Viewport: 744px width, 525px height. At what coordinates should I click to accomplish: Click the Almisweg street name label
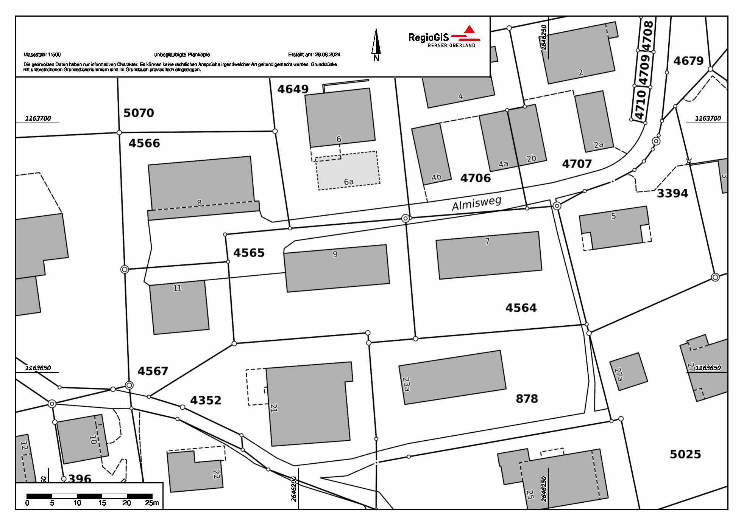coord(476,203)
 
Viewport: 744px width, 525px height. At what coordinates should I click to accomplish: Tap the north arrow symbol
coord(376,44)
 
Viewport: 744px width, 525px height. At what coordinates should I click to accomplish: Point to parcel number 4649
coord(293,89)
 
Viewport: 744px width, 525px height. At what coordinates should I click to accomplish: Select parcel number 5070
coord(139,113)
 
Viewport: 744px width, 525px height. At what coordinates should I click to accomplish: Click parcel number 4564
coord(521,308)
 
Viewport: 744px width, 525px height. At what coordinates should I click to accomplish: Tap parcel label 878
coord(527,399)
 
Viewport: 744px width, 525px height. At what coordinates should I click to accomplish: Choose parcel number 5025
coord(685,454)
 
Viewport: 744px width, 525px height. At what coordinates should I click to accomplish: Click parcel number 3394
coord(672,194)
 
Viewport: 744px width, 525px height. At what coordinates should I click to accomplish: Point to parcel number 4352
coord(205,401)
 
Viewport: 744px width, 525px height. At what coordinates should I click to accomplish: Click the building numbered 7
coord(489,255)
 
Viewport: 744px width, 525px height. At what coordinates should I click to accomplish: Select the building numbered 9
coord(337,268)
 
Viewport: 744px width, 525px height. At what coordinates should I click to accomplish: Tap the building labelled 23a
coord(452,377)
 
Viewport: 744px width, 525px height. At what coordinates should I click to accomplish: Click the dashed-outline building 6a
coord(348,171)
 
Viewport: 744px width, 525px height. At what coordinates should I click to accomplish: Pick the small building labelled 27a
coord(628,371)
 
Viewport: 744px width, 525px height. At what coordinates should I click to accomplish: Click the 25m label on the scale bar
coord(152,503)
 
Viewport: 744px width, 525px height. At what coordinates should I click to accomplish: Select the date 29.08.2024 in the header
coord(328,55)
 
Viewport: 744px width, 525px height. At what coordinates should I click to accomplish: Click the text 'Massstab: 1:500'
coord(42,55)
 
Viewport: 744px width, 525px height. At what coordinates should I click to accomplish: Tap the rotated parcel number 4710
coord(640,104)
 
